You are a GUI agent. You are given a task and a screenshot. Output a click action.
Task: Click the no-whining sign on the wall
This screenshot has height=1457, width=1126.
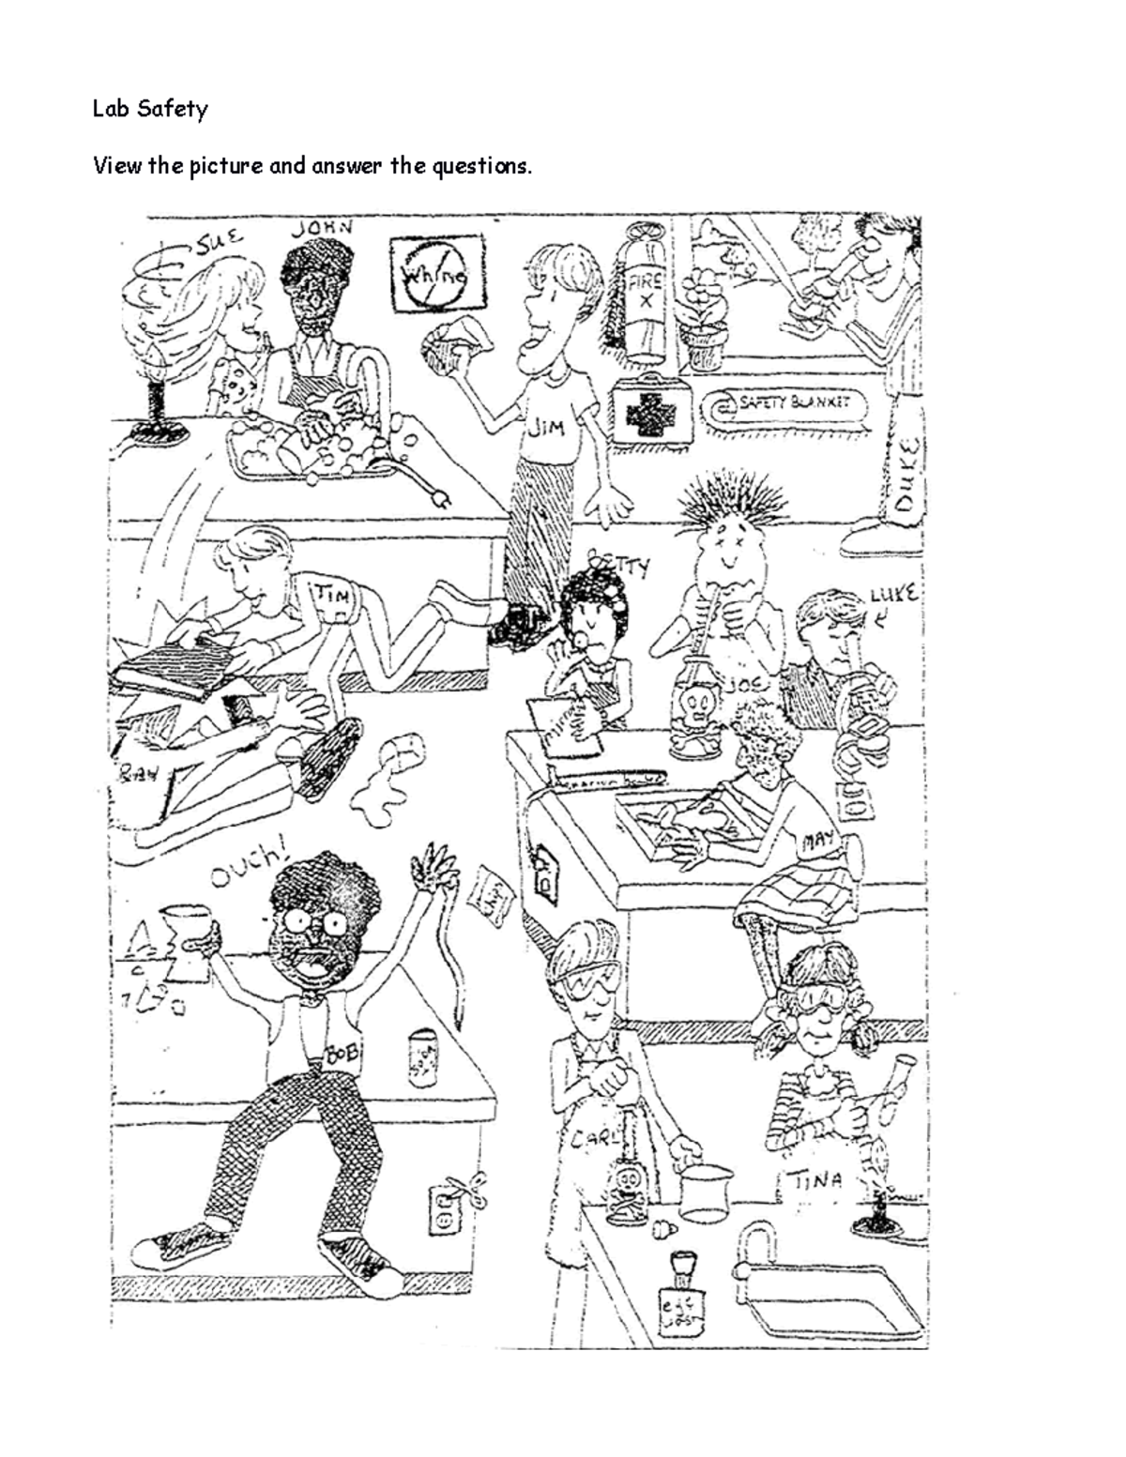click(x=439, y=274)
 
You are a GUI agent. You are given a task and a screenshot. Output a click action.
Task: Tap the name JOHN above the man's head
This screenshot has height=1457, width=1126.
click(x=321, y=228)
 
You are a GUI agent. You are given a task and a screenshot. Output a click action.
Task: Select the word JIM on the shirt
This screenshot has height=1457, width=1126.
click(x=545, y=428)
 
